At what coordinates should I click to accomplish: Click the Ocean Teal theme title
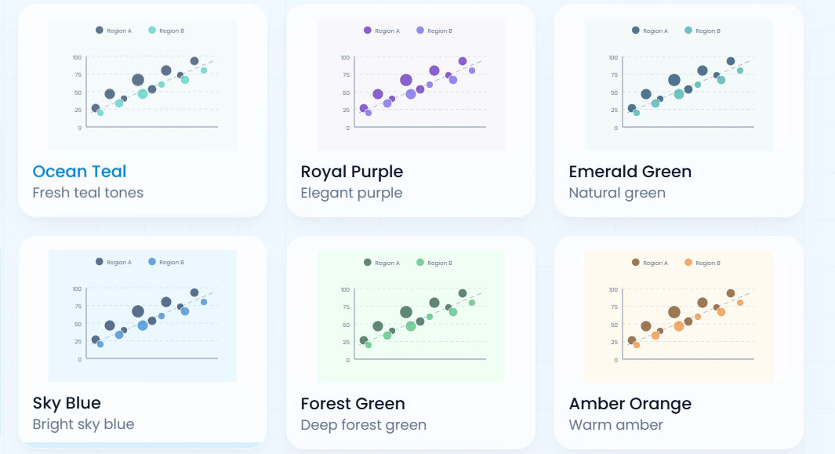click(x=79, y=172)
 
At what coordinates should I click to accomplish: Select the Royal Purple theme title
click(x=351, y=172)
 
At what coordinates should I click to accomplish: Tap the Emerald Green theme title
click(x=630, y=172)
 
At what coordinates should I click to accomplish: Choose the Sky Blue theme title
click(x=67, y=403)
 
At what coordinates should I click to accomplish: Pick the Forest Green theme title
click(x=353, y=404)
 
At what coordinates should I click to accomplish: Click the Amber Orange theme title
click(x=630, y=404)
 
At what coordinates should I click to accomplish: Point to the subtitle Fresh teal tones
click(x=88, y=193)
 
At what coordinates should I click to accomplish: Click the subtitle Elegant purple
click(x=351, y=193)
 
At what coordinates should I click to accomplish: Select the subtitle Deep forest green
click(x=363, y=425)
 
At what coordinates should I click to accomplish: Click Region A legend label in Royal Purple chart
click(x=387, y=31)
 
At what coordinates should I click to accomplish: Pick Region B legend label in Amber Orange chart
click(x=707, y=263)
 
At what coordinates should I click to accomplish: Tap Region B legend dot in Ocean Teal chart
click(x=152, y=31)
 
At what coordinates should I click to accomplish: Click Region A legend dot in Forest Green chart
click(x=368, y=263)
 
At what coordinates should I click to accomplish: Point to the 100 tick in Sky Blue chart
click(x=77, y=289)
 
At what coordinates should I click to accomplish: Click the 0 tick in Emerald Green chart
click(x=615, y=128)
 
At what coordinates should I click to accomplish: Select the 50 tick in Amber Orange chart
click(x=614, y=325)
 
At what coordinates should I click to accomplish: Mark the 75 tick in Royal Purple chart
click(x=346, y=75)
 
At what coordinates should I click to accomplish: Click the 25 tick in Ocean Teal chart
click(x=78, y=110)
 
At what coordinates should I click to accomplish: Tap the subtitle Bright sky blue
click(x=83, y=425)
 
